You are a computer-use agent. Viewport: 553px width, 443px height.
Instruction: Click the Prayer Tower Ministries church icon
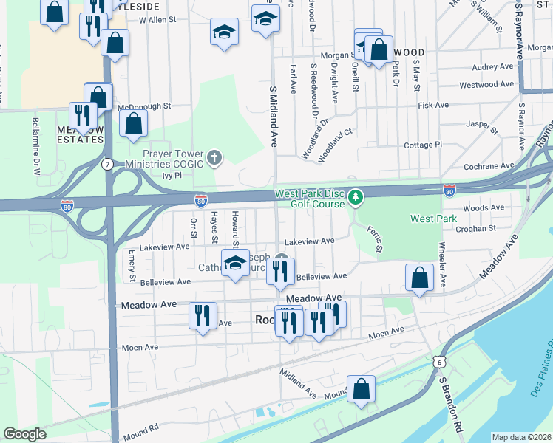(214, 157)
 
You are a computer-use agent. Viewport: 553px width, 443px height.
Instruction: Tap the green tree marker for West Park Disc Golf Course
(356, 197)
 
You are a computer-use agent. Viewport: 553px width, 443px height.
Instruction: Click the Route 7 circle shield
(109, 163)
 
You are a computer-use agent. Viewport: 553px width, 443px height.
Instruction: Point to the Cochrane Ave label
(489, 167)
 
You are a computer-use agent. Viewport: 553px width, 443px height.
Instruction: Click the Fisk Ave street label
(433, 105)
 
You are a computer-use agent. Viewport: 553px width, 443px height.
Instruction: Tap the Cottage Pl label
(423, 145)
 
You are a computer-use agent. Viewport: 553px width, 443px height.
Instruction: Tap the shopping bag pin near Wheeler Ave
(419, 278)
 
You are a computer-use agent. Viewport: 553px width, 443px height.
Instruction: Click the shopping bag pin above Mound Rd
(361, 389)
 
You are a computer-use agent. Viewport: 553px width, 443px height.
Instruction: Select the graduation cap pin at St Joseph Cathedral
(235, 264)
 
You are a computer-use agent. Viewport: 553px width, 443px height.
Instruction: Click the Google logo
(24, 433)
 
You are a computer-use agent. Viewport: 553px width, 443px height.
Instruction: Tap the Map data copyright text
(521, 437)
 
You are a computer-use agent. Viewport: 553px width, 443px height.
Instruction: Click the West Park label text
(433, 219)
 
